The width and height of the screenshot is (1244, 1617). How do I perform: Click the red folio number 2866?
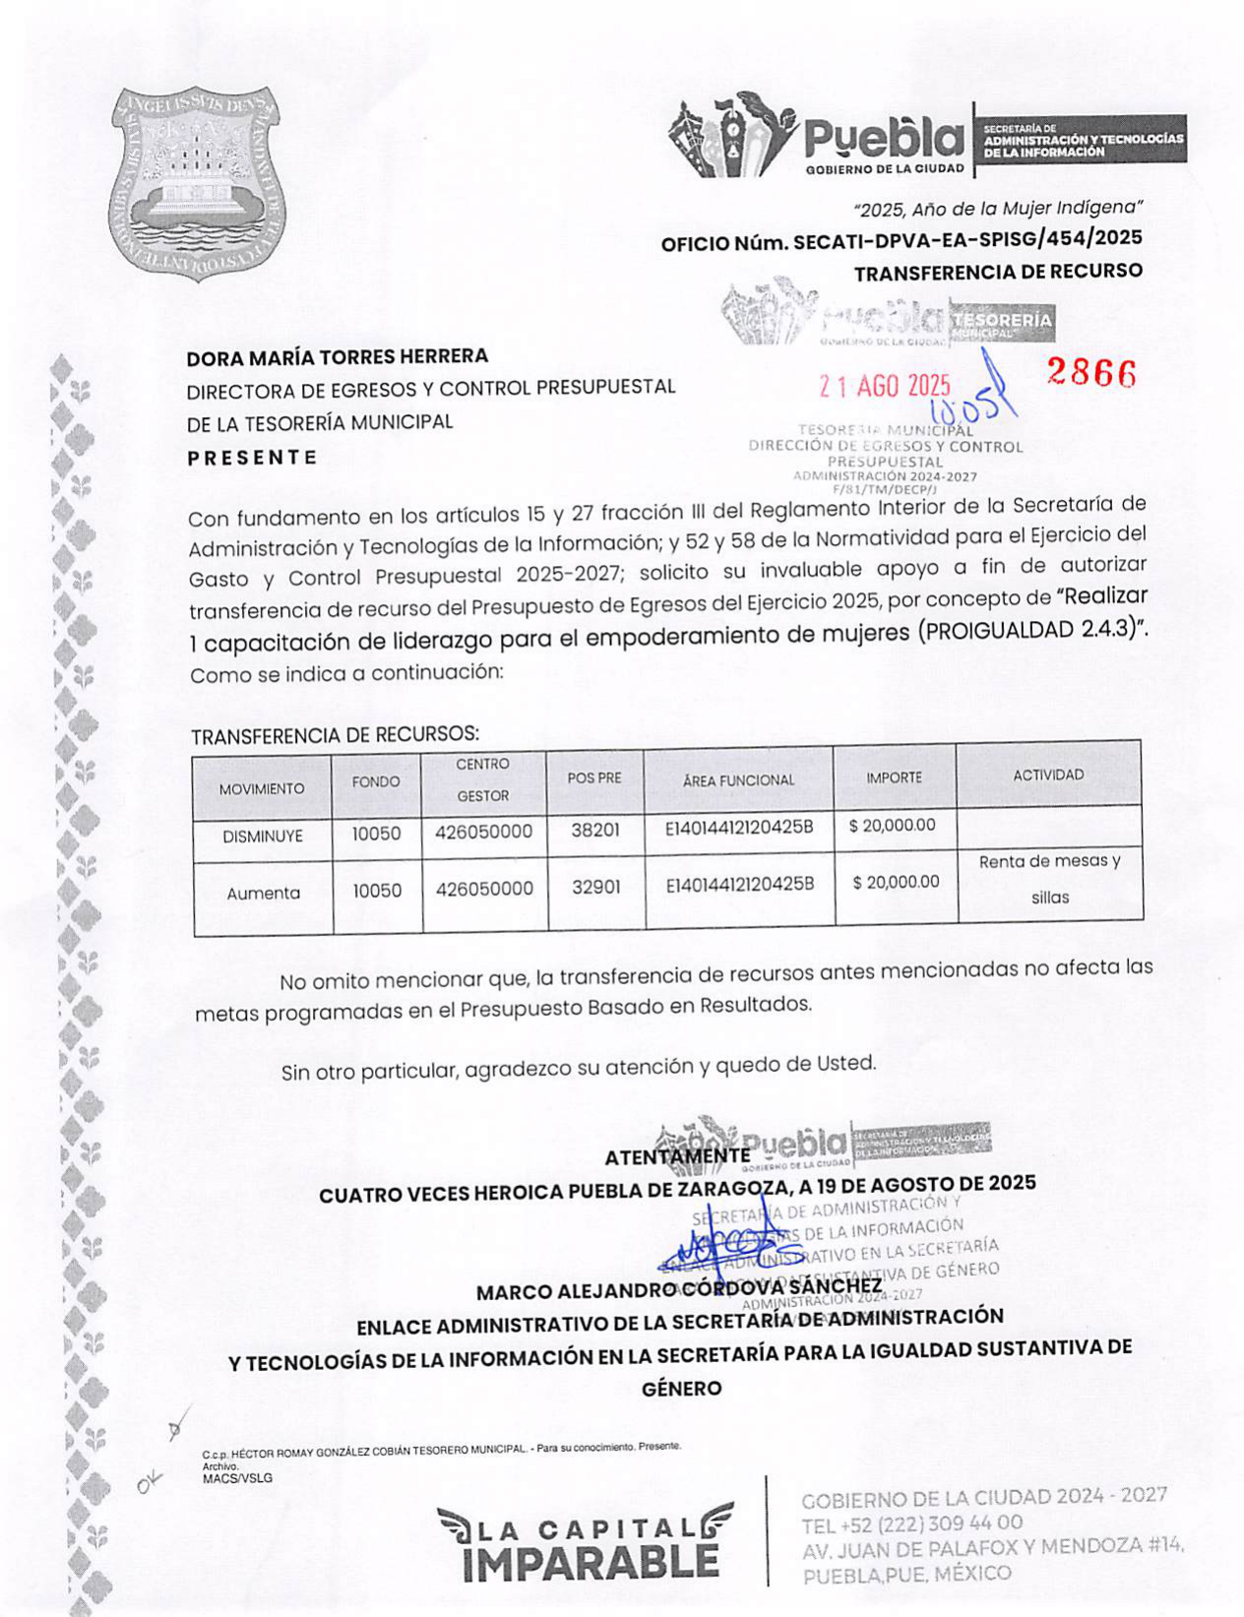pos(1090,373)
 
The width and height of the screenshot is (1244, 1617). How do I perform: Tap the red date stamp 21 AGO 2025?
pos(885,386)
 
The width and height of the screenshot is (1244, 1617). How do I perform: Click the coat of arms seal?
pos(194,182)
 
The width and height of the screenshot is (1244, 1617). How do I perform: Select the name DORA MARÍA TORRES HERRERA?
pos(338,356)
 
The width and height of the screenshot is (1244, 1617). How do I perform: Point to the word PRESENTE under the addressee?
pos(252,458)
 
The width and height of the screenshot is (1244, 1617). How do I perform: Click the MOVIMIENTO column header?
pos(262,788)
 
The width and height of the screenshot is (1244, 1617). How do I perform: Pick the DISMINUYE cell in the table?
pos(263,837)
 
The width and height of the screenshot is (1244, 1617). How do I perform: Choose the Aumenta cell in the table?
pos(263,894)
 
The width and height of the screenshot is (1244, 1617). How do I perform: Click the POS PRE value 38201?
pos(595,831)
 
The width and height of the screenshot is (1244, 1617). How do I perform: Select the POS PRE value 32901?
pos(596,888)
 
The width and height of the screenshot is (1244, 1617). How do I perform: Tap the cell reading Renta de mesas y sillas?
pos(1050,879)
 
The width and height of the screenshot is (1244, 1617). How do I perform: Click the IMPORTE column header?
pos(894,777)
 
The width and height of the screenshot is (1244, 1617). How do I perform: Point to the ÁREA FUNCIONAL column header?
pos(738,780)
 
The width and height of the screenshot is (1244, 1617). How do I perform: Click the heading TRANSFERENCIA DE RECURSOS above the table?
pos(335,735)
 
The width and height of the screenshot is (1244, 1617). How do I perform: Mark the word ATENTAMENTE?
pos(677,1157)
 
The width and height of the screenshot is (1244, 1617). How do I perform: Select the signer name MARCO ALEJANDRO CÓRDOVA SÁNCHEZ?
pos(679,1288)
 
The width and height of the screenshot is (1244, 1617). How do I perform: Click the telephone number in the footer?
pos(912,1524)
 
